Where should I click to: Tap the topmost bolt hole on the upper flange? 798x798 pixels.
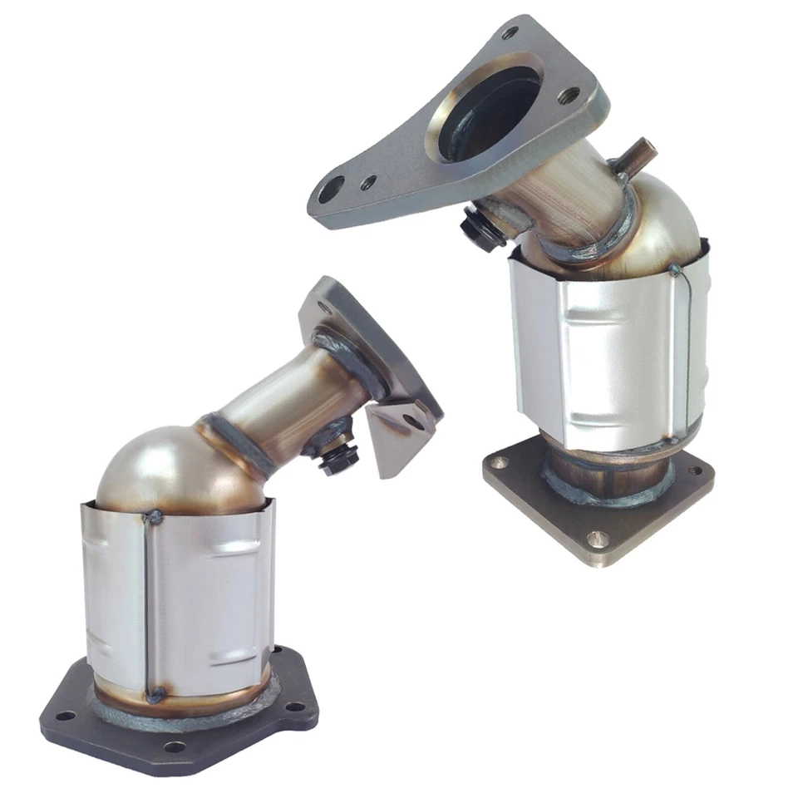(510, 32)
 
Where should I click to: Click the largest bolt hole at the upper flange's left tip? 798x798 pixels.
(331, 189)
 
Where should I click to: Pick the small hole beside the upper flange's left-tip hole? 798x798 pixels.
(367, 181)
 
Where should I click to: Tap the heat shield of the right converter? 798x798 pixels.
(607, 349)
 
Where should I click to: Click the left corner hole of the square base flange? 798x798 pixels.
(499, 462)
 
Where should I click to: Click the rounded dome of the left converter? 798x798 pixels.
(158, 470)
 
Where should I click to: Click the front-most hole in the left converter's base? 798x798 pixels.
(174, 746)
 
